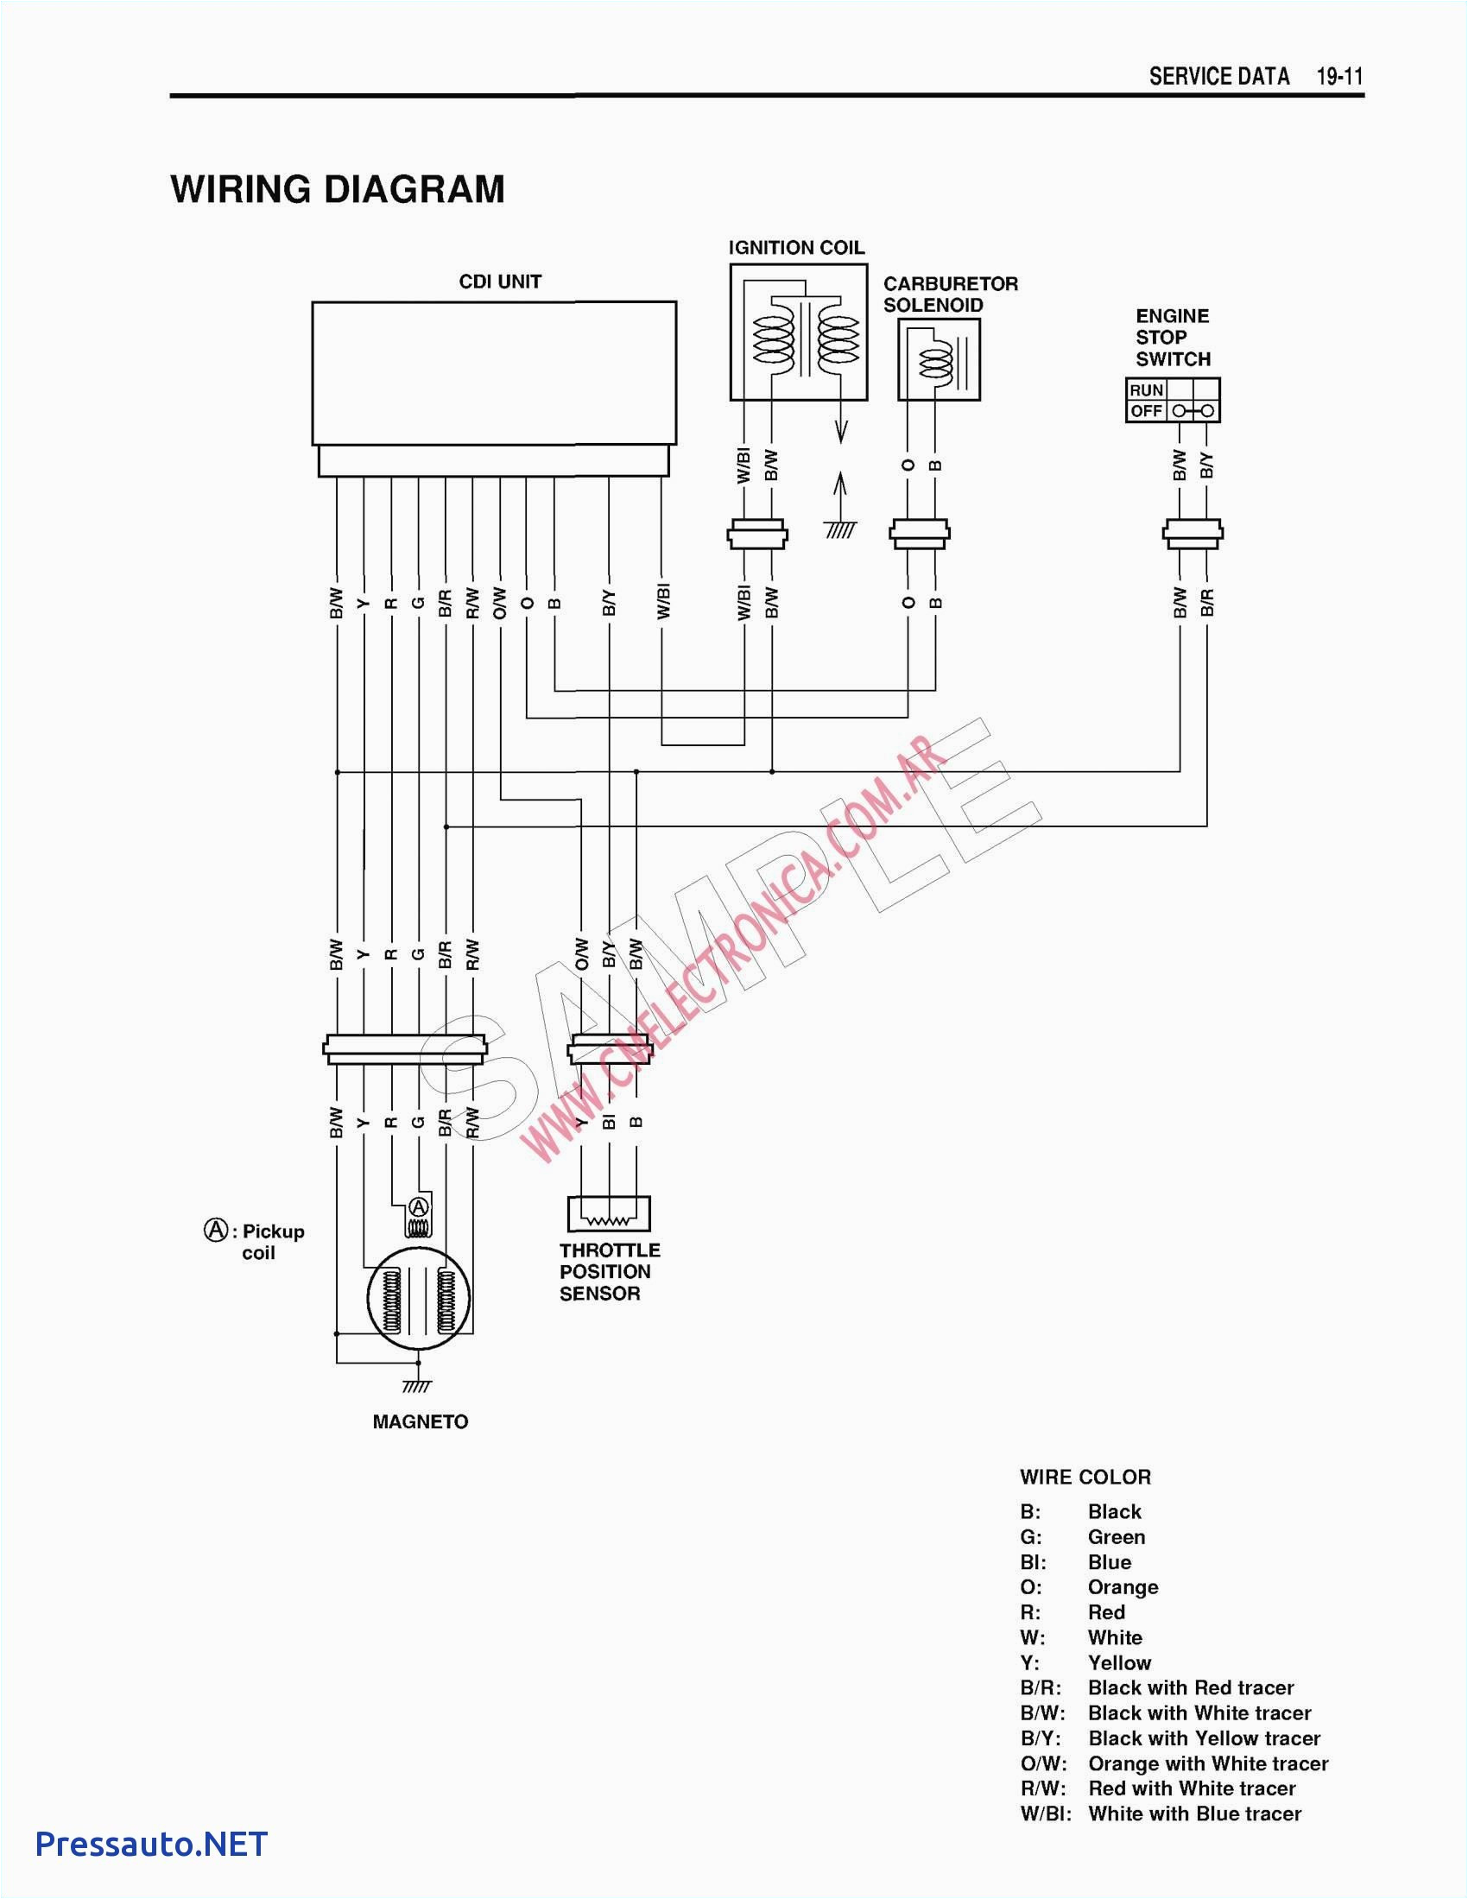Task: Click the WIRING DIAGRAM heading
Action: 338,189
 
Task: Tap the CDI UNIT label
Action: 500,282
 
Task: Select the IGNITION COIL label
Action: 797,248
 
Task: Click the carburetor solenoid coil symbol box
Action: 939,359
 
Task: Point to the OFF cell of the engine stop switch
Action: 1145,410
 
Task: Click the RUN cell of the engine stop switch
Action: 1145,389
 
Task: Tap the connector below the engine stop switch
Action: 1193,532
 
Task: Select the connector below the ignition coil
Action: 756,534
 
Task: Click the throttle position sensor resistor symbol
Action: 609,1214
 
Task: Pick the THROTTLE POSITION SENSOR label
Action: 609,1272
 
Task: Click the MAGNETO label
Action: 420,1421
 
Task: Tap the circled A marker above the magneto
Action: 419,1207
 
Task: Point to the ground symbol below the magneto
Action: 416,1386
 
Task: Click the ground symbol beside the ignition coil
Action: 840,529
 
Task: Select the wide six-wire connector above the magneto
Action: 404,1049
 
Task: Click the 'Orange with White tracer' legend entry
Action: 1174,1763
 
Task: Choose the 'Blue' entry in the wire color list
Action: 1109,1562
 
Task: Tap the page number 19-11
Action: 1339,77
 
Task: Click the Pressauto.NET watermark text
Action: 151,1844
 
